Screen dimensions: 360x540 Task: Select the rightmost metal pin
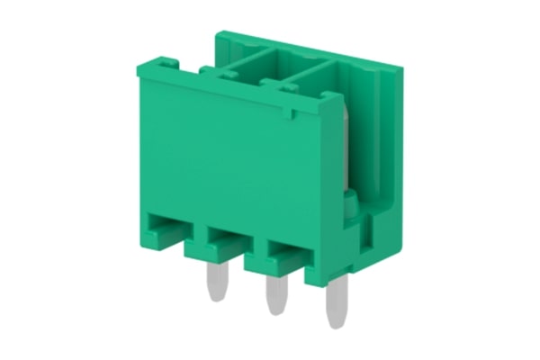[x=337, y=302]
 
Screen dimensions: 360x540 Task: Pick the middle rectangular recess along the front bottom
[x=225, y=241]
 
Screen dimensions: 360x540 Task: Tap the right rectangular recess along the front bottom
[x=284, y=252]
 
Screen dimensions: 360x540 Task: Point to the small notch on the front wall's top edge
[x=290, y=115]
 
